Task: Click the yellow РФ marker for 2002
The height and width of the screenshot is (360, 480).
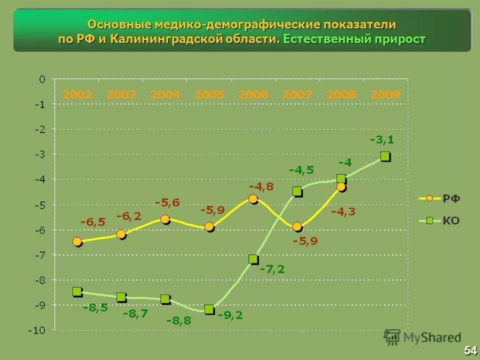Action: pyautogui.click(x=77, y=241)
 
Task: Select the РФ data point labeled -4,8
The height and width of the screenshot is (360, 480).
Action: pyautogui.click(x=253, y=199)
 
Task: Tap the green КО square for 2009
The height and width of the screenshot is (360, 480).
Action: pyautogui.click(x=384, y=156)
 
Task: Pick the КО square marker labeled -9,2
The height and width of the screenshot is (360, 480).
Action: pyautogui.click(x=209, y=309)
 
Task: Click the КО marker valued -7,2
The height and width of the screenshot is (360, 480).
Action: pyautogui.click(x=253, y=259)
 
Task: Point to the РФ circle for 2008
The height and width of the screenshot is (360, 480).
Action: pyautogui.click(x=341, y=187)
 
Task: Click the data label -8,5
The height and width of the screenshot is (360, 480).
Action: pyautogui.click(x=95, y=307)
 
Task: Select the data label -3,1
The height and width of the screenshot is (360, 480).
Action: pyautogui.click(x=381, y=140)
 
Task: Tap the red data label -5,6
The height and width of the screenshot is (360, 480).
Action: pyautogui.click(x=167, y=202)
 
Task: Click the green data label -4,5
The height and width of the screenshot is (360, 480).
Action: pyautogui.click(x=301, y=170)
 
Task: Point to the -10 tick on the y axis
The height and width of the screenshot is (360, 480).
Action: pyautogui.click(x=39, y=330)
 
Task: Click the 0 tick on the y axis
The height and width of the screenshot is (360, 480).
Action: pyautogui.click(x=42, y=79)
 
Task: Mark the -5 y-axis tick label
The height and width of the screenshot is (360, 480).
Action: pyautogui.click(x=40, y=204)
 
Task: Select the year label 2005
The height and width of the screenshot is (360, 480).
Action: pyautogui.click(x=209, y=94)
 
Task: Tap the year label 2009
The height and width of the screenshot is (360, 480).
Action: pyautogui.click(x=385, y=94)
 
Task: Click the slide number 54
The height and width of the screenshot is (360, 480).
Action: pyautogui.click(x=470, y=350)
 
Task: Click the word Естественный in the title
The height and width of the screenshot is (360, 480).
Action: pyautogui.click(x=325, y=39)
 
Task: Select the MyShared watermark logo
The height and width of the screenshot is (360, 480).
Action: pyautogui.click(x=422, y=337)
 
